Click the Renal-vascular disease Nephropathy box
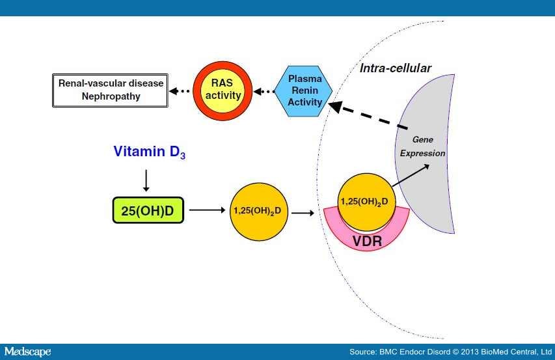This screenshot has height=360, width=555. (x=109, y=90)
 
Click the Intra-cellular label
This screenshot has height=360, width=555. (x=395, y=68)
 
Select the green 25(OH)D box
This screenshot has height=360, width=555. (x=148, y=210)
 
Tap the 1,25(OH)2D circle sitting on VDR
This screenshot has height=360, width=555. (x=363, y=201)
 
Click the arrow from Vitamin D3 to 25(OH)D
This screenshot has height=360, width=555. (x=147, y=180)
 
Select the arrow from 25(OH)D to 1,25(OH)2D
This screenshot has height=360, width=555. (x=204, y=210)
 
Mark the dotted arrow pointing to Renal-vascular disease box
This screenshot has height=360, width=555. (x=178, y=91)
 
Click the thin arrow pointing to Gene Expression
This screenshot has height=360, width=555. (x=409, y=176)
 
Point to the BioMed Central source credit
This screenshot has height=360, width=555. (x=450, y=352)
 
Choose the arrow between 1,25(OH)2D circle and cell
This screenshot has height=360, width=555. (x=301, y=211)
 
